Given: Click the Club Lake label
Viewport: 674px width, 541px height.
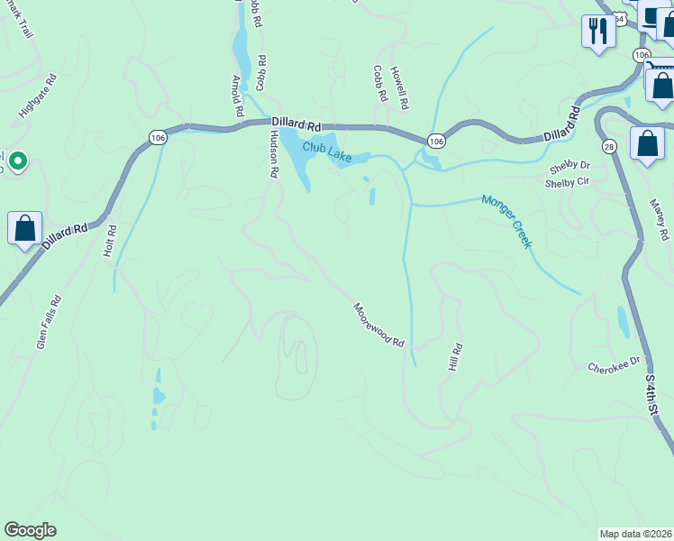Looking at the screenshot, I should coord(327,151).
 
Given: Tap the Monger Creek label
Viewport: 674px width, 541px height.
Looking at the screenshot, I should coord(506,222).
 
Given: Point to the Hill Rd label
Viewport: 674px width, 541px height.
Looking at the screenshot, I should coord(455,358).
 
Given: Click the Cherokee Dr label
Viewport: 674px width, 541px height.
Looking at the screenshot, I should coord(613,367).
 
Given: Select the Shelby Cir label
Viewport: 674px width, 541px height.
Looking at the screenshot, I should coord(567,182).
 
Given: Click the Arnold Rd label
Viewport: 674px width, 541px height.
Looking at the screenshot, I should coord(237,97).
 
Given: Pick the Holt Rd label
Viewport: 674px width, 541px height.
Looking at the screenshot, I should coord(110,241).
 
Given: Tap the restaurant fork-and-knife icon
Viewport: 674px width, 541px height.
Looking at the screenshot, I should coord(597,32).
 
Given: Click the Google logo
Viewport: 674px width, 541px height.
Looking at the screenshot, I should coord(30,530).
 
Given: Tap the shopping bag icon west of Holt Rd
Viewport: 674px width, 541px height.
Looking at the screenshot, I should coord(25,229).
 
